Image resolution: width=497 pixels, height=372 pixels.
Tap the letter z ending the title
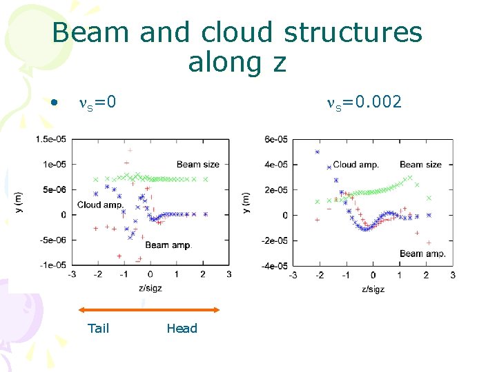tap(278, 63)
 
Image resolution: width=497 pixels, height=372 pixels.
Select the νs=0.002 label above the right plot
tap(364, 103)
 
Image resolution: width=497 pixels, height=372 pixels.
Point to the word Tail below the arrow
tap(99, 328)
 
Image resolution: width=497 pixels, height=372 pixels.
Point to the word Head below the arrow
tap(182, 328)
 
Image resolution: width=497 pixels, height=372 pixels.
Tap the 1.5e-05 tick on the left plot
tap(52, 139)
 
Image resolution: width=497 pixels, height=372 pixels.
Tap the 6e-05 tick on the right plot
tap(275, 139)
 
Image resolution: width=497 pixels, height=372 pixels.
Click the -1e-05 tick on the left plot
tap(53, 265)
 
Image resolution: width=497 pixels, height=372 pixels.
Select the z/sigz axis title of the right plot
tap(373, 289)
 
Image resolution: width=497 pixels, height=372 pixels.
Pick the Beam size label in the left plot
tap(198, 164)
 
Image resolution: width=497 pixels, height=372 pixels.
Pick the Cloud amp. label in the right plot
tap(355, 165)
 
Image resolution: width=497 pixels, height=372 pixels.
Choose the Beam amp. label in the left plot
tap(167, 245)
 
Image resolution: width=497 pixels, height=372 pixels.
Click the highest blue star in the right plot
tap(318, 152)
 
